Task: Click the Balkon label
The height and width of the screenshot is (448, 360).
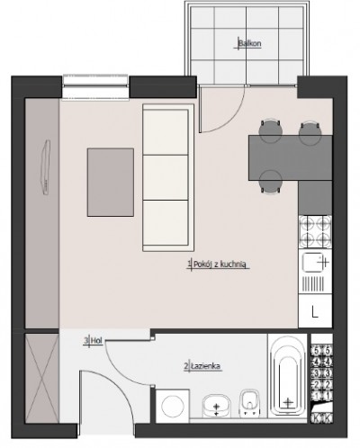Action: click(x=249, y=43)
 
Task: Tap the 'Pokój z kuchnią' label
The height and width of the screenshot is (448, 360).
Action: click(x=220, y=264)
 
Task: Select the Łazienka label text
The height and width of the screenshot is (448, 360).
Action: click(x=206, y=366)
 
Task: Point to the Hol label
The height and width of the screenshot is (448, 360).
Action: click(x=96, y=341)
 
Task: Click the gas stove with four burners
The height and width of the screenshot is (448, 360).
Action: click(x=315, y=232)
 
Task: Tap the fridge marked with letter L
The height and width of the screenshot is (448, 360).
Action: click(x=315, y=311)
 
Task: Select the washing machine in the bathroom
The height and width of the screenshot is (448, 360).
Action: click(x=173, y=407)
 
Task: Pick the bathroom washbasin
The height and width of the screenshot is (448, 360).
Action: click(x=217, y=406)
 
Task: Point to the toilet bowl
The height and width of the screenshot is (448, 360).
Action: click(x=249, y=403)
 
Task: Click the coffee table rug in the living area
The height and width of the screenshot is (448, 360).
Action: click(x=111, y=182)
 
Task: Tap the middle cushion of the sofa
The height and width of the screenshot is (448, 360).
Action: click(x=166, y=177)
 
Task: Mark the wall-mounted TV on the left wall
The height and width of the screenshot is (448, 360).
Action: click(x=46, y=167)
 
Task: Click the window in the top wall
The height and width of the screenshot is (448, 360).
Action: click(x=96, y=85)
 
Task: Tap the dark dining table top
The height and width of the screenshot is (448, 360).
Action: click(x=290, y=157)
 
